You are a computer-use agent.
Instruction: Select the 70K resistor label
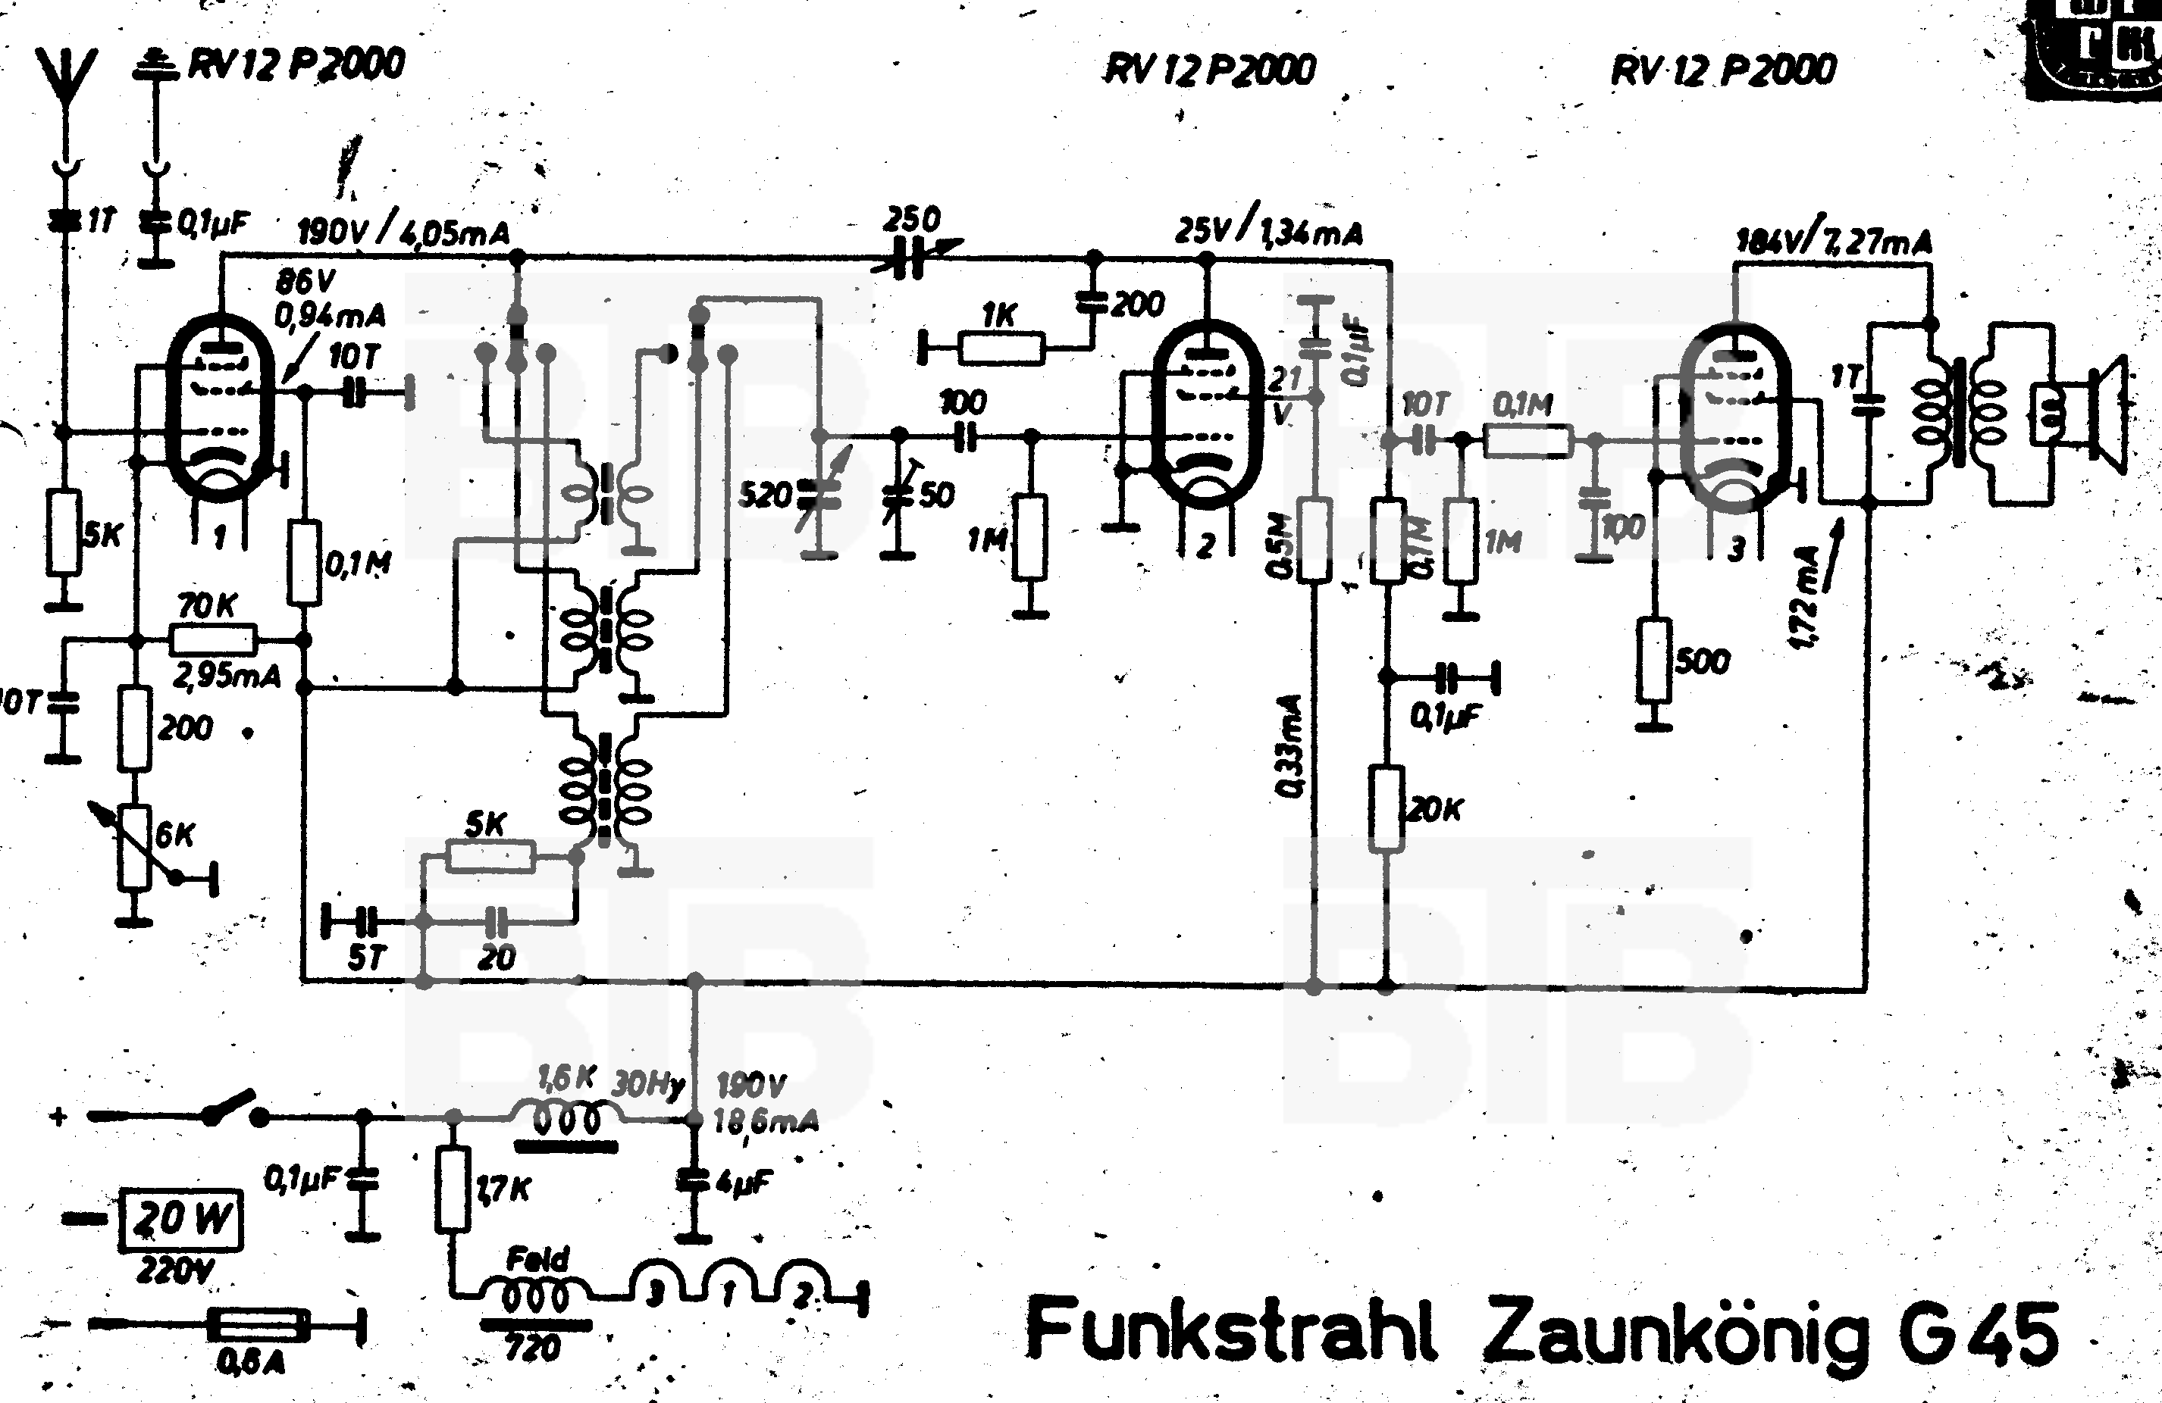click(207, 606)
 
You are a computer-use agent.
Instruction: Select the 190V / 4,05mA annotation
click(403, 233)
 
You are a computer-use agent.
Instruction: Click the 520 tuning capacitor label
click(765, 495)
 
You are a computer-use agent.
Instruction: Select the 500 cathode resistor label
click(1701, 660)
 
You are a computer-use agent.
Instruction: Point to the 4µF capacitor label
click(743, 1184)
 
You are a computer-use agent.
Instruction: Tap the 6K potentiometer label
click(174, 833)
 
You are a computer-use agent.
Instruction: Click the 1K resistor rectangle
click(1001, 348)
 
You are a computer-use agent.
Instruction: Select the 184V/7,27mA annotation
click(1833, 242)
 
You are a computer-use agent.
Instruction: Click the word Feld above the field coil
click(537, 1258)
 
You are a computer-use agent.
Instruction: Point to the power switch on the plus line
click(233, 1107)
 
